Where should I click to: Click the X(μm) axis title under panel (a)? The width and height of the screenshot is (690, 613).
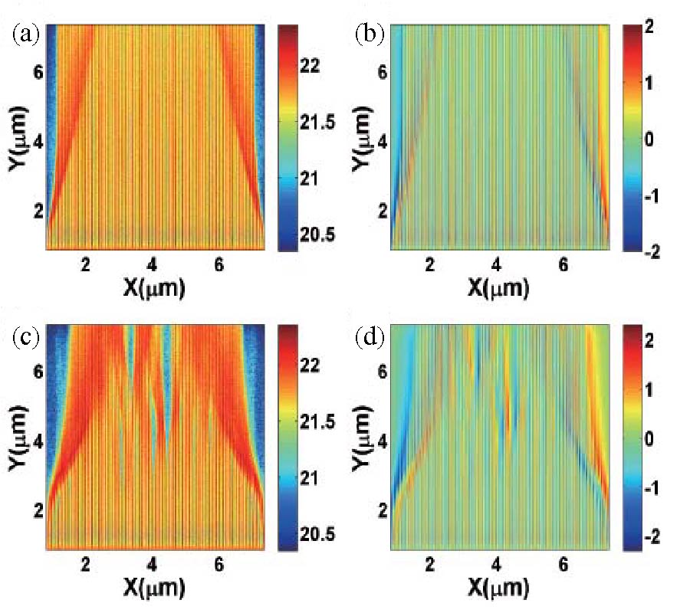[152, 287]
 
